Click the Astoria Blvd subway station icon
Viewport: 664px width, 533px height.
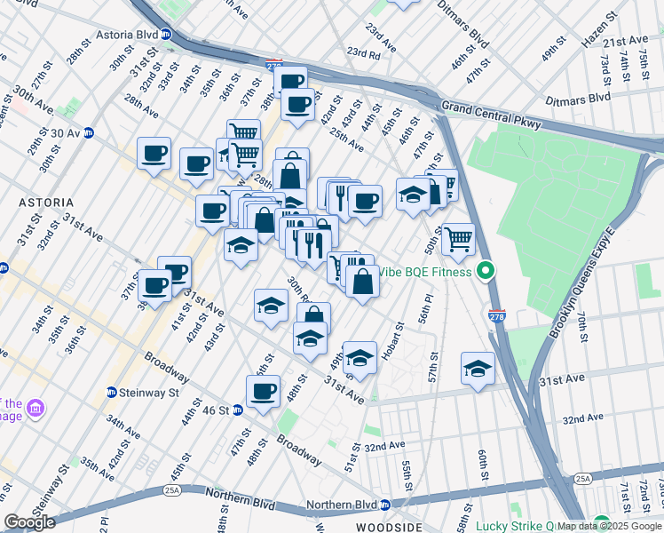click(x=166, y=36)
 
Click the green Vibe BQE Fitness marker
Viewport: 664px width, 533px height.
click(x=485, y=272)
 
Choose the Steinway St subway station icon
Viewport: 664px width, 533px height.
click(x=112, y=392)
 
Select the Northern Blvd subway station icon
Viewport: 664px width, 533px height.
click(x=385, y=505)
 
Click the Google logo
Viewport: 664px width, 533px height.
click(x=29, y=521)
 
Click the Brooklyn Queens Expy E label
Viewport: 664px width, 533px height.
click(x=582, y=284)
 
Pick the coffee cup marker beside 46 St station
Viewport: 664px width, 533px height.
click(x=262, y=391)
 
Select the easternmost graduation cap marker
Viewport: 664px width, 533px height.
click(x=478, y=368)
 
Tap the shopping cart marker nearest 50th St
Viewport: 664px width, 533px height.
click(x=458, y=237)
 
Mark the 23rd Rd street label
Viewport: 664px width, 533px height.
click(x=363, y=53)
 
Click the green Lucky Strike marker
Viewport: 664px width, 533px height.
click(x=602, y=523)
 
